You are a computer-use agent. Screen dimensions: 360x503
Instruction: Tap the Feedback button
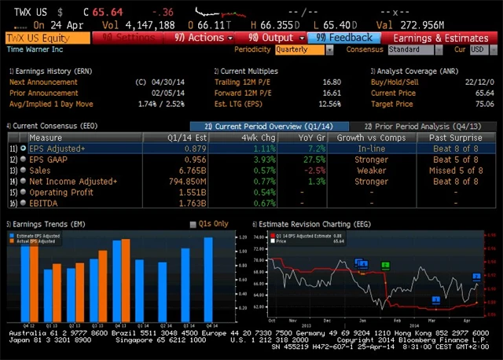[344, 38]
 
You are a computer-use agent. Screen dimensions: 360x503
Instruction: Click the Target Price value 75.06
[484, 103]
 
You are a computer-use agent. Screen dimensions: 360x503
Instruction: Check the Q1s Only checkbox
[193, 224]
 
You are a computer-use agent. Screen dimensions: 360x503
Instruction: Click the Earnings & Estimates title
[440, 38]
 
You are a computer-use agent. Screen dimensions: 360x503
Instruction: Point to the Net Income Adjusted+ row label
[73, 181]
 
